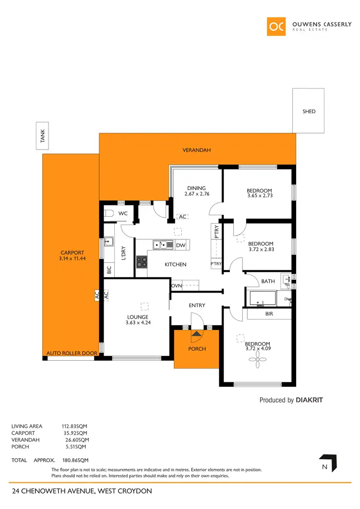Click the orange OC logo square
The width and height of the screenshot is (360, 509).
pos(277,26)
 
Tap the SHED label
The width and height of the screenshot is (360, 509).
pos(309,111)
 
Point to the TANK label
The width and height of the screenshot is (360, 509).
pos(43,138)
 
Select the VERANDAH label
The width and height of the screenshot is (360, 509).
pos(197,150)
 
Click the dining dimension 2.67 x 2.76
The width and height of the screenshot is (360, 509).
pos(196,194)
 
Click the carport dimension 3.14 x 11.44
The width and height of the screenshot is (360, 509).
pos(72,259)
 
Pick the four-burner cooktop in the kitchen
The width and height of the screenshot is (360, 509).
pos(142,261)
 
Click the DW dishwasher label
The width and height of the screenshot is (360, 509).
pos(180,245)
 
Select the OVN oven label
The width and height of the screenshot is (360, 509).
pos(176,285)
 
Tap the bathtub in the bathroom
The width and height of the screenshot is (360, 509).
pos(262,298)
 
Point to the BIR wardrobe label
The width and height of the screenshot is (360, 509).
pos(269,314)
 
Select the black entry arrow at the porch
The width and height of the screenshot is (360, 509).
pos(196,332)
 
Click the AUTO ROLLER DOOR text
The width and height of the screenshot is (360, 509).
pos(72,354)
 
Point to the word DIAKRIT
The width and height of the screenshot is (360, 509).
pos(312,400)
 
